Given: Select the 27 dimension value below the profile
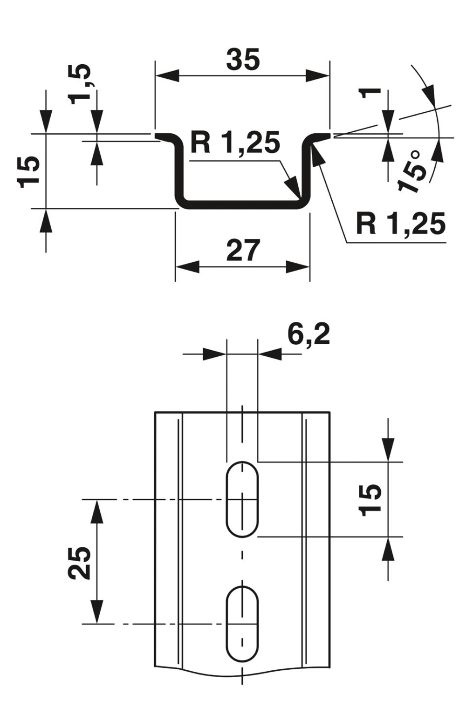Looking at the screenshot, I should (242, 251).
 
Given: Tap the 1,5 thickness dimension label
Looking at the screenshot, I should (80, 84).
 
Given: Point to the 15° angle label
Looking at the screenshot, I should (413, 170).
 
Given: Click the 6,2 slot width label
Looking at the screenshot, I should (308, 334).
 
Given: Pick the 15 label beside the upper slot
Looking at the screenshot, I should (370, 500).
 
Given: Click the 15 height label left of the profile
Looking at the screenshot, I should (30, 172).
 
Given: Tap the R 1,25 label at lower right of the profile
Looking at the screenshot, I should (400, 224).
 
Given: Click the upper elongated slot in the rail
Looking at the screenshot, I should (242, 499).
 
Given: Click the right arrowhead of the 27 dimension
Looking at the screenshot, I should (298, 267).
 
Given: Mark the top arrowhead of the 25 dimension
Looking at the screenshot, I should (96, 510).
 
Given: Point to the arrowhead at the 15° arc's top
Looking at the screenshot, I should (429, 92).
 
